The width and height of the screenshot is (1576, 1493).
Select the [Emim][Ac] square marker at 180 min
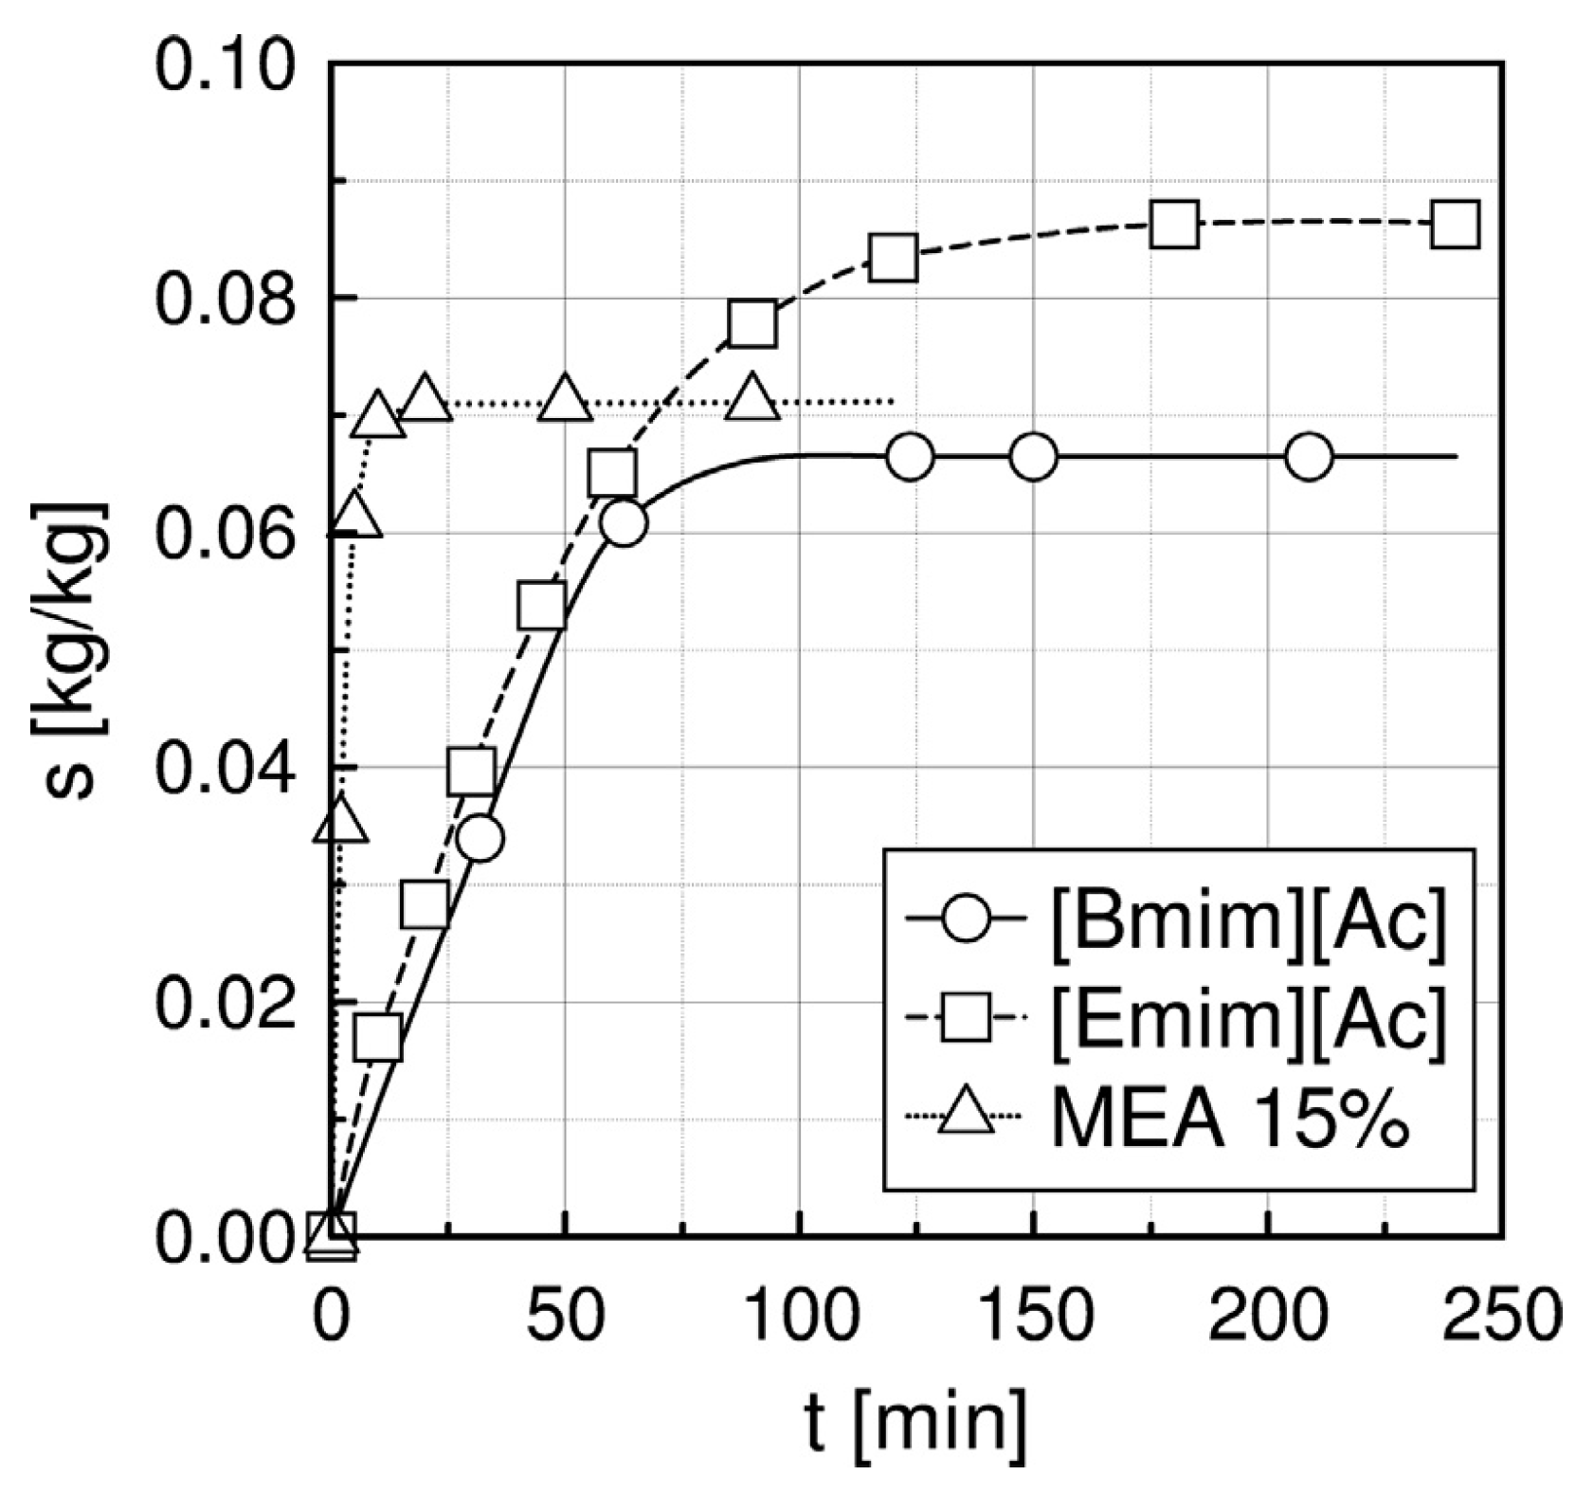(x=1174, y=225)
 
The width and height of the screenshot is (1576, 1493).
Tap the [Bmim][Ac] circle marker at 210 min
(x=1310, y=458)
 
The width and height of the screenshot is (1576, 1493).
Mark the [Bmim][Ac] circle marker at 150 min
(x=1033, y=458)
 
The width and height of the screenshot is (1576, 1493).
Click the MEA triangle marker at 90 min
(x=752, y=398)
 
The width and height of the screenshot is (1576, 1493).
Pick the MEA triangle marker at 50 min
(x=565, y=398)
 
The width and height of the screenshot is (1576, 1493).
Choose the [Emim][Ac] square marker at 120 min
(x=894, y=257)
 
